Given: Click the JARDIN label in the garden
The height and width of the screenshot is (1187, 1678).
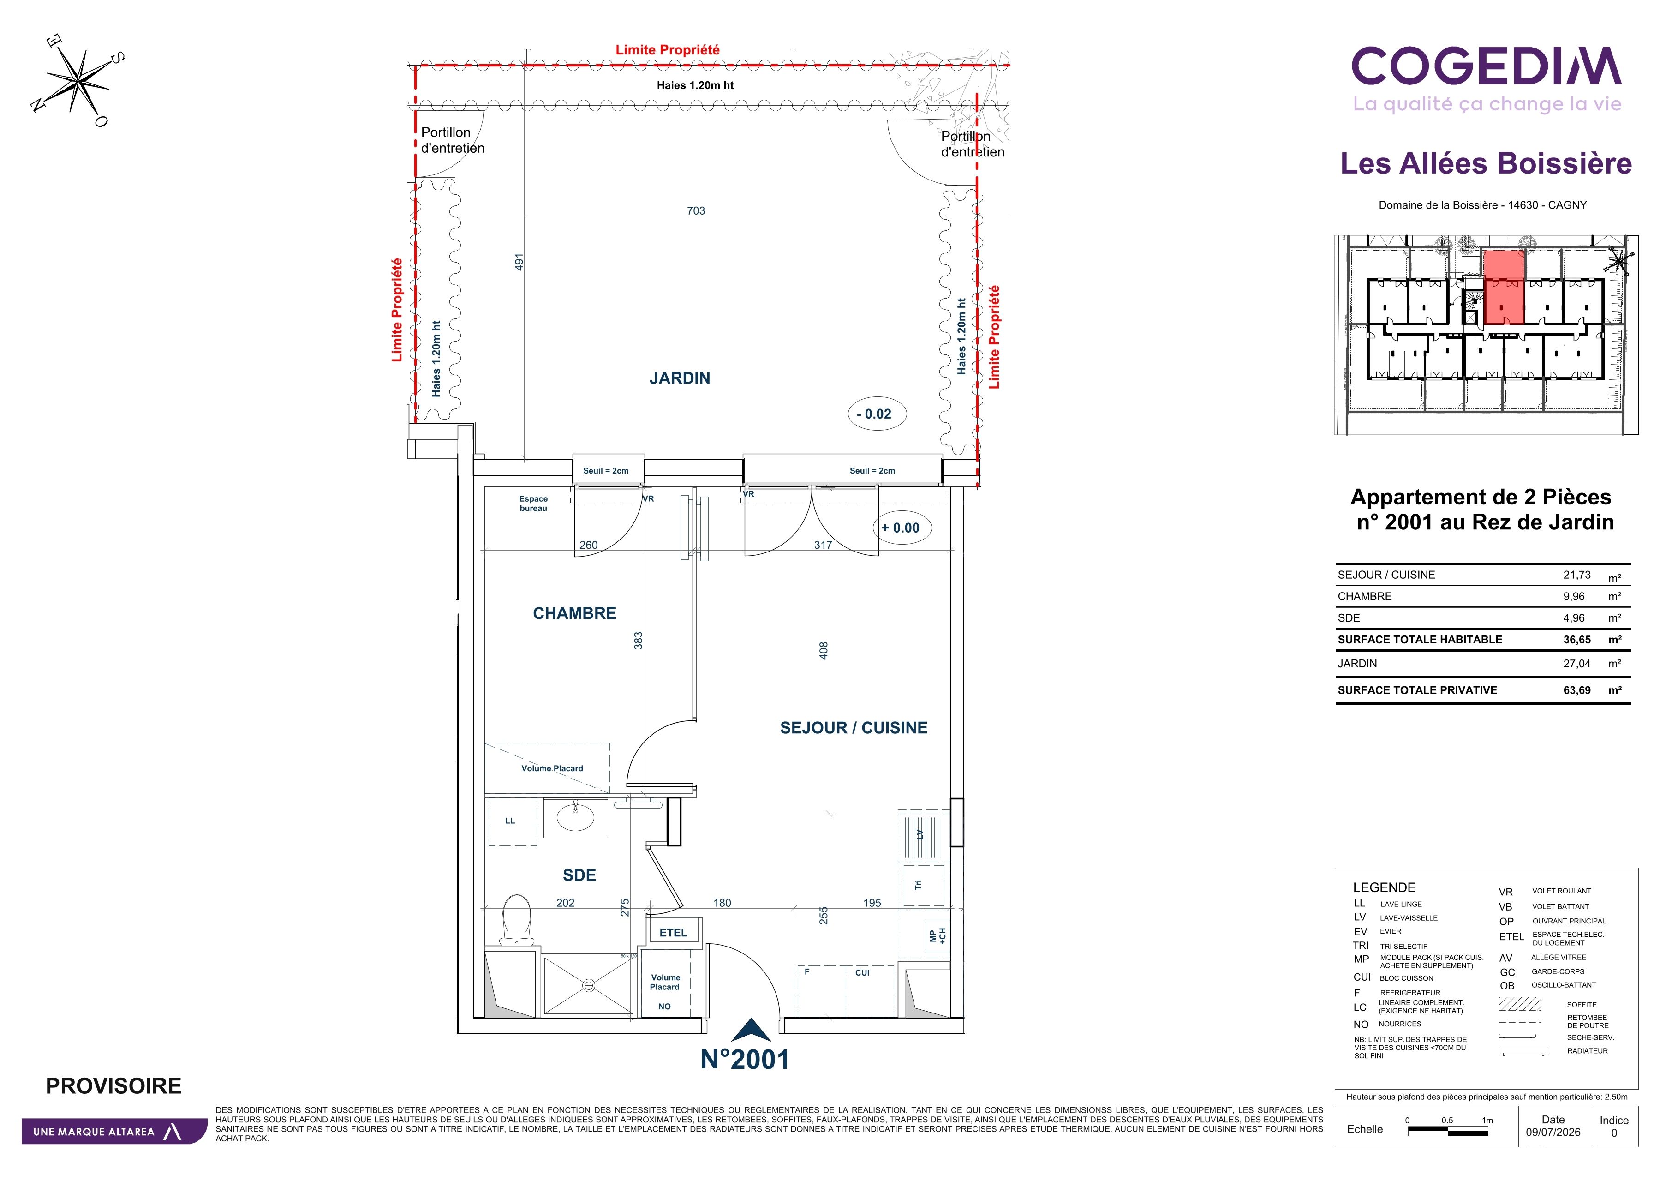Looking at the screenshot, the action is click(680, 378).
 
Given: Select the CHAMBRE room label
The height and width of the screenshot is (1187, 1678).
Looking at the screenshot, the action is click(574, 613).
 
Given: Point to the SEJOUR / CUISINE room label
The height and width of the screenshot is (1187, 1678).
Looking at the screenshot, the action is click(854, 727).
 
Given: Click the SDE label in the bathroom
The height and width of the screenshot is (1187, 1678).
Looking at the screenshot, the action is click(579, 875).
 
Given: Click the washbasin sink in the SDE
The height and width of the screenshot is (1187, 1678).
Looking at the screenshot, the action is click(575, 817).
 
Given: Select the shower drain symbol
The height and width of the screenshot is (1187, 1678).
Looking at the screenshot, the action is click(589, 985).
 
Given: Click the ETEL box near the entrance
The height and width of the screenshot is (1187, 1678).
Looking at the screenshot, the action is click(673, 933).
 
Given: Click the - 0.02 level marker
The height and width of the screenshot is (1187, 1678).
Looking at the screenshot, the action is click(877, 414).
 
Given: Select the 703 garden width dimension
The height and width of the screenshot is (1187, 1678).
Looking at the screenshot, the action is click(696, 210).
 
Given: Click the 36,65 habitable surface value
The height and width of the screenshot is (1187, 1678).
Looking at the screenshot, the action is click(1577, 640).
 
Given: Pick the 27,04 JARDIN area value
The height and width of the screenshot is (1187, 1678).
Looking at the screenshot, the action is click(1577, 664).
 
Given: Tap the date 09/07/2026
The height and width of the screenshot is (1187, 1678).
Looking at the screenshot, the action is click(1553, 1132).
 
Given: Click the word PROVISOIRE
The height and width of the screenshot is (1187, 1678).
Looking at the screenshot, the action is click(113, 1085).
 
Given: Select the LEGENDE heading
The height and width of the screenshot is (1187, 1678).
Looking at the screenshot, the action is click(1384, 887).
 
